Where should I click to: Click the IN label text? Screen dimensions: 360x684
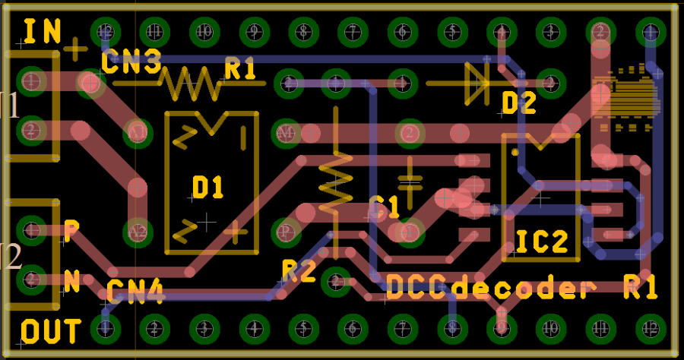click(x=43, y=31)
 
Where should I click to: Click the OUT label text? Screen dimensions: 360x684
click(x=51, y=332)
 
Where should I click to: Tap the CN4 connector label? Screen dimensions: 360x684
click(x=135, y=291)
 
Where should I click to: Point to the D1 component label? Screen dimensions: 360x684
click(x=207, y=187)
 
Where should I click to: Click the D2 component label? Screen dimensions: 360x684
click(x=519, y=102)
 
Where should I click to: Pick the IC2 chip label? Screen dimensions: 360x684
click(x=542, y=242)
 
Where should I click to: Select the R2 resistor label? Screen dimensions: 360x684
click(x=299, y=270)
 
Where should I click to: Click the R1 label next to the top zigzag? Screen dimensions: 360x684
click(x=240, y=69)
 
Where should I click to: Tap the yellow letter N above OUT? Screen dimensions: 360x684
click(x=71, y=282)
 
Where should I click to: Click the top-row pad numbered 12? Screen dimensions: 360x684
click(x=106, y=32)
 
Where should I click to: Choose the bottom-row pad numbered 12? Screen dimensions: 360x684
click(x=650, y=328)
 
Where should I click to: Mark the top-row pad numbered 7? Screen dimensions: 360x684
click(x=353, y=32)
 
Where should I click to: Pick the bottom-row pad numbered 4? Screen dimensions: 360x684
click(x=254, y=328)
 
